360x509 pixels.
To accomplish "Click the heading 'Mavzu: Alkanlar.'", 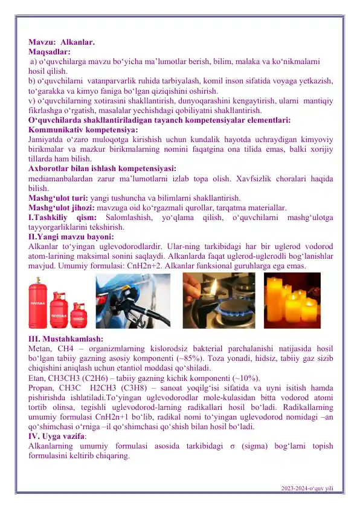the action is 61,43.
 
